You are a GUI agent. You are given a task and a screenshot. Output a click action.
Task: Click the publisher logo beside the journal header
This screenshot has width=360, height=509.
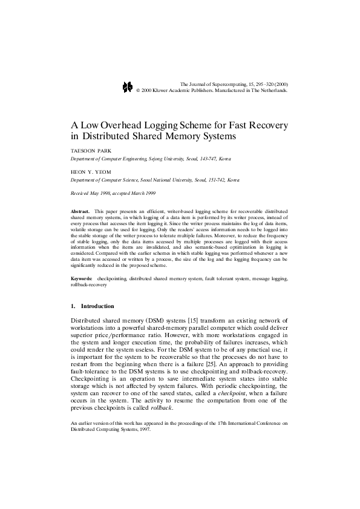(127, 87)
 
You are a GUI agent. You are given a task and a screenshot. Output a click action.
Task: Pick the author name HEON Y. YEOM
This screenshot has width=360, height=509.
(90, 171)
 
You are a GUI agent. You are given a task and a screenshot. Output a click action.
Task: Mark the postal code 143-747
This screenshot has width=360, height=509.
(201, 158)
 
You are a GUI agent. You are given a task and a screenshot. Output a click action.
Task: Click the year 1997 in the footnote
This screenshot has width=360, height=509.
(143, 441)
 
